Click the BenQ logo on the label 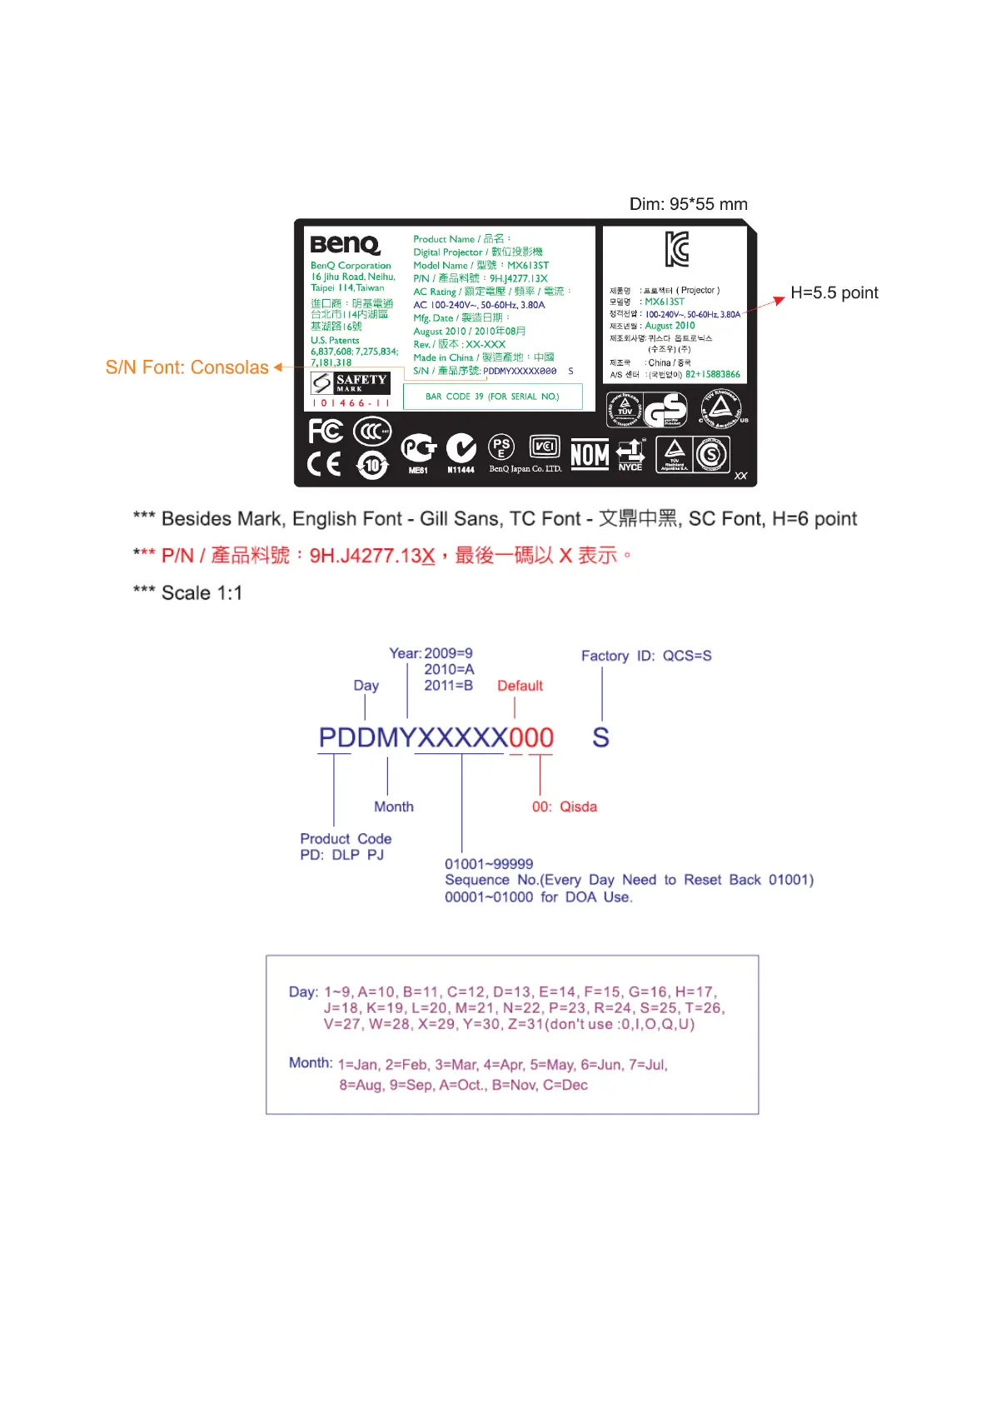(345, 244)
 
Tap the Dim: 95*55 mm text (688, 204)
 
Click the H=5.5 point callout (834, 292)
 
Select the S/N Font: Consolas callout (187, 367)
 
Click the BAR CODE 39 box (492, 397)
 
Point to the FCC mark (325, 431)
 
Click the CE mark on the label (324, 463)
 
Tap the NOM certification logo (590, 455)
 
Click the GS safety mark (665, 410)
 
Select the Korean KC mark (676, 249)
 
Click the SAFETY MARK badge (350, 382)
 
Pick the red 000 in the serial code (530, 737)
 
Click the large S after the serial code (600, 737)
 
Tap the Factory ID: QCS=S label (646, 656)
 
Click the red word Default (520, 686)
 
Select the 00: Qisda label (564, 806)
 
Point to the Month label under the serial (393, 806)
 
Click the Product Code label (346, 839)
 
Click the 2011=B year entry (448, 686)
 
